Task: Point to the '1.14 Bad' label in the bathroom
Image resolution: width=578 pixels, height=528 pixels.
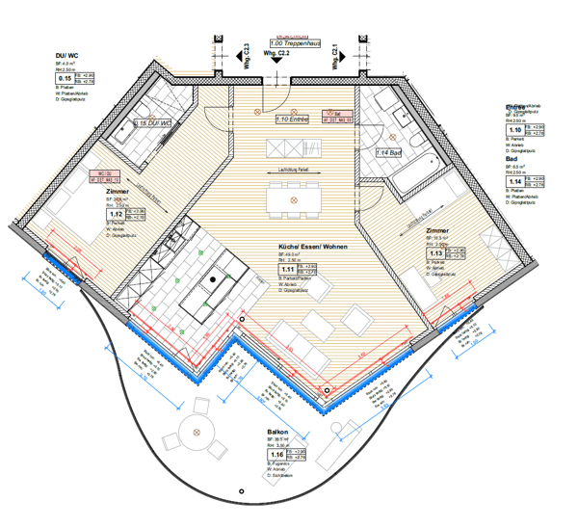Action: pyautogui.click(x=389, y=152)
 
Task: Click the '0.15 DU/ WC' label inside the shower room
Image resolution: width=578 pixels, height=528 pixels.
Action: pyautogui.click(x=151, y=123)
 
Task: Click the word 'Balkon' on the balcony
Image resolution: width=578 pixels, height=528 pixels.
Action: pyautogui.click(x=277, y=433)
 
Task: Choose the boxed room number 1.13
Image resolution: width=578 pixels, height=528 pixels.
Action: pyautogui.click(x=435, y=253)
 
